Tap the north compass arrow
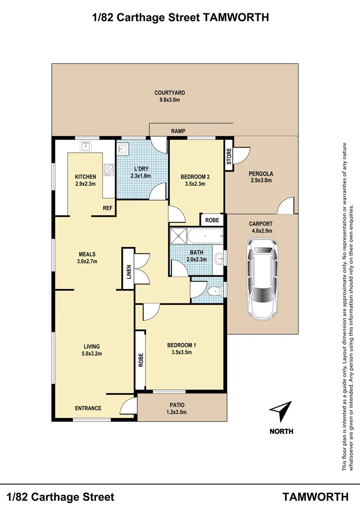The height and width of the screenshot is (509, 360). coord(281,411)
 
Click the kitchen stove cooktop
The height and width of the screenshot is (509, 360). coord(109,169)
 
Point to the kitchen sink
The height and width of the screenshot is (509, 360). coord(86,146)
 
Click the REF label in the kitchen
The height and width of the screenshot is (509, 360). coord(107,207)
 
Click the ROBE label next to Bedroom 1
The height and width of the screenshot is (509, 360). coord(140,360)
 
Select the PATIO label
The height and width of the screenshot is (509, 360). coord(177,405)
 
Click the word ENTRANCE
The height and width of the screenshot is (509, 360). coord(88,408)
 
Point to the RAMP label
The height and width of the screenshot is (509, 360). coord(178,131)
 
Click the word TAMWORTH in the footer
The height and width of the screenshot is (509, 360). coord(316,497)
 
